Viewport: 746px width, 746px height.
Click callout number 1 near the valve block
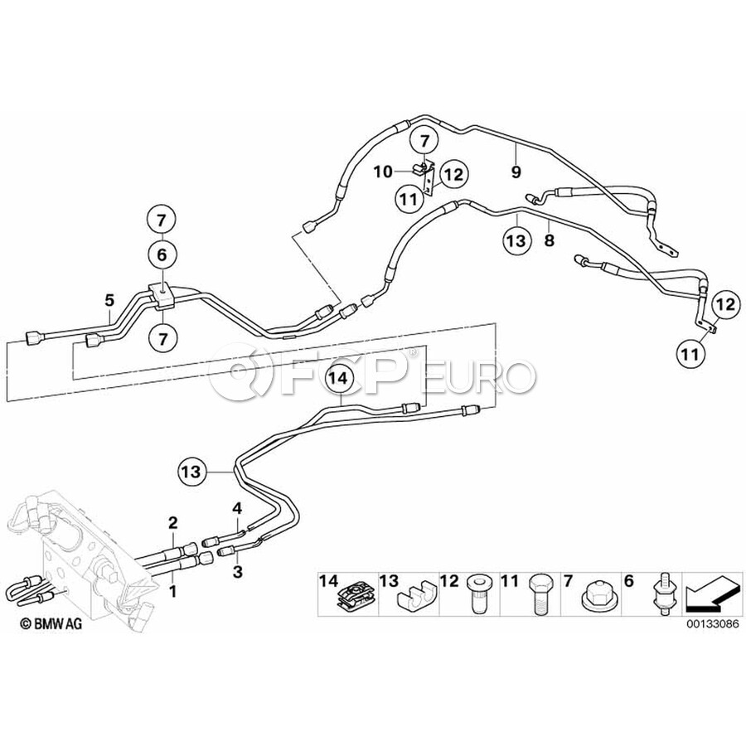click(174, 592)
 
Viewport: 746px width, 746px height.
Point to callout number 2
click(173, 522)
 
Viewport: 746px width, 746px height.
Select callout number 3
click(238, 571)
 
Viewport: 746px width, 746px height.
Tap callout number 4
click(237, 507)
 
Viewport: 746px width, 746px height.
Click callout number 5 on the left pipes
click(109, 299)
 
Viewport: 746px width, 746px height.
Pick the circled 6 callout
click(162, 255)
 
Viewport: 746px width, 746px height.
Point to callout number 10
click(382, 172)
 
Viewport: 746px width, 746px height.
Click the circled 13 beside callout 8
click(516, 240)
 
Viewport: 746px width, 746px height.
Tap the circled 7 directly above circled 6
click(162, 221)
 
